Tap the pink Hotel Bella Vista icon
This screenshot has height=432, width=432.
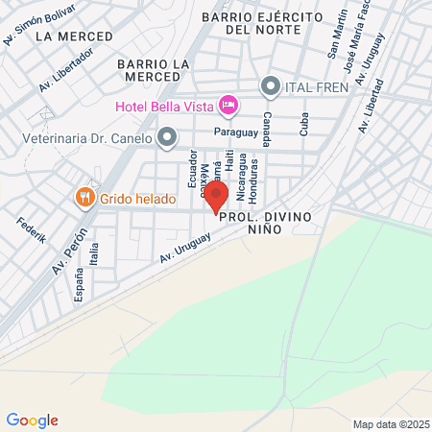tap(228, 104)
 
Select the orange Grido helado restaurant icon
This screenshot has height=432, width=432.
tap(111, 199)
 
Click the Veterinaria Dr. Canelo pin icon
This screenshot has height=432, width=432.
tap(167, 137)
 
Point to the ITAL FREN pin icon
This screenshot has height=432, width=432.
tap(271, 87)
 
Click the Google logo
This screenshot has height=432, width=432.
tap(32, 420)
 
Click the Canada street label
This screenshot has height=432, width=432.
tap(267, 121)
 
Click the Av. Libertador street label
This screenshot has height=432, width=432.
tap(66, 70)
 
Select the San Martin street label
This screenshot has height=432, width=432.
tap(340, 35)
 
